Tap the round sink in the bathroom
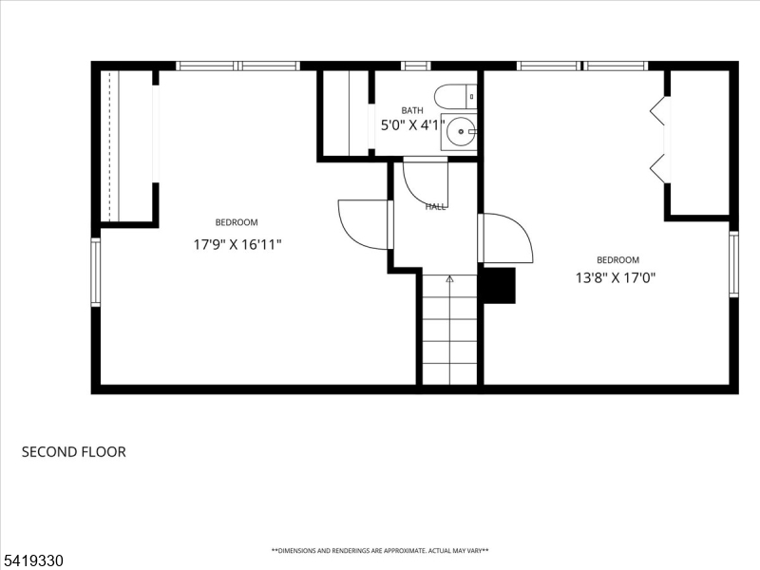coord(460,132)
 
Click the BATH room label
coord(411,110)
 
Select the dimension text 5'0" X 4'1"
coord(411,125)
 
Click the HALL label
coord(436,206)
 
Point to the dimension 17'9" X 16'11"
coord(237,244)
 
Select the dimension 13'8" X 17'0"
coord(617,277)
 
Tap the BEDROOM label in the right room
coord(617,259)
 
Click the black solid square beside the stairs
coord(499,285)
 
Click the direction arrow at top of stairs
coord(449,279)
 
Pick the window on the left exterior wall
coord(95,272)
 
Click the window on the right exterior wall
coord(733,264)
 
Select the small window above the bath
coord(415,66)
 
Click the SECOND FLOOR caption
coord(73,452)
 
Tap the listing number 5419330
coord(32,561)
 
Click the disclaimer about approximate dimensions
coord(380,551)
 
